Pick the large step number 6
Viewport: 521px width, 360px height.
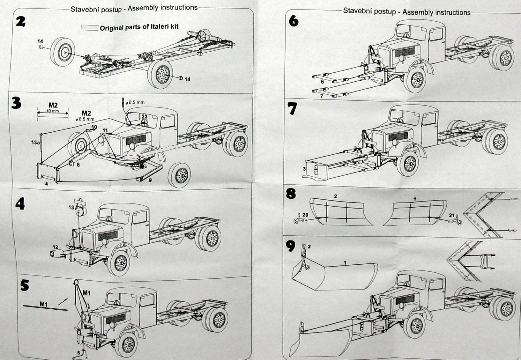(294, 21)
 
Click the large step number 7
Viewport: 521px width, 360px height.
(292, 108)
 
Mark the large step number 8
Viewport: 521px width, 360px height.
(291, 194)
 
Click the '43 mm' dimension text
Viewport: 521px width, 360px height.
(52, 111)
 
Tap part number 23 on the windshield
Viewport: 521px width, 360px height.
(145, 116)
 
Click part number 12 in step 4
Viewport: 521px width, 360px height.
(55, 247)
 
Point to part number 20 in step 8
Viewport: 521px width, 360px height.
(305, 215)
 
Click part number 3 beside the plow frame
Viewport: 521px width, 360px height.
(304, 168)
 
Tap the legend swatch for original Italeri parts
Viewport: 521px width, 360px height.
(89, 28)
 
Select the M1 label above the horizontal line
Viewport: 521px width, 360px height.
(44, 304)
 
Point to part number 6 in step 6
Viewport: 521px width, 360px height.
(322, 82)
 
